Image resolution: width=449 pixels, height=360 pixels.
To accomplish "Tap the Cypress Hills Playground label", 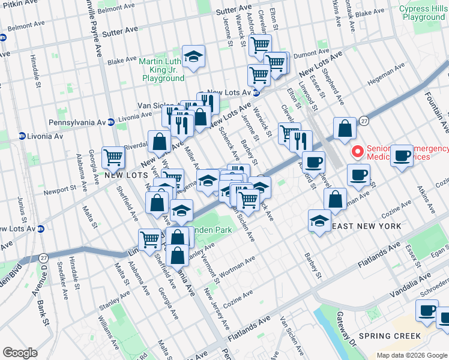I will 424,13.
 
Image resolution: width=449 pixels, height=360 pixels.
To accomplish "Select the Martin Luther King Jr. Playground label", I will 162,70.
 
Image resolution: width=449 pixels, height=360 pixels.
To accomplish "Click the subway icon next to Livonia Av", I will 22,136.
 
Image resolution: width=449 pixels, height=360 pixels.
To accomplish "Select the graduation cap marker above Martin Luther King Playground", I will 193,57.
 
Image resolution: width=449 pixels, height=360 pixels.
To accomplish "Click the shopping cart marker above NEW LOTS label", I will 113,158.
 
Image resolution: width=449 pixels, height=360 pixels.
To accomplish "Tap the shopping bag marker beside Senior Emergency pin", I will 345,128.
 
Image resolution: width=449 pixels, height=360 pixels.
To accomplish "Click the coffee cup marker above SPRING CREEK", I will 427,311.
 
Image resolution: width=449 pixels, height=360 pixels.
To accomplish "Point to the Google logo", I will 20,353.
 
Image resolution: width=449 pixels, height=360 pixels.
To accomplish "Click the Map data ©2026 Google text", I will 412,355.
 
